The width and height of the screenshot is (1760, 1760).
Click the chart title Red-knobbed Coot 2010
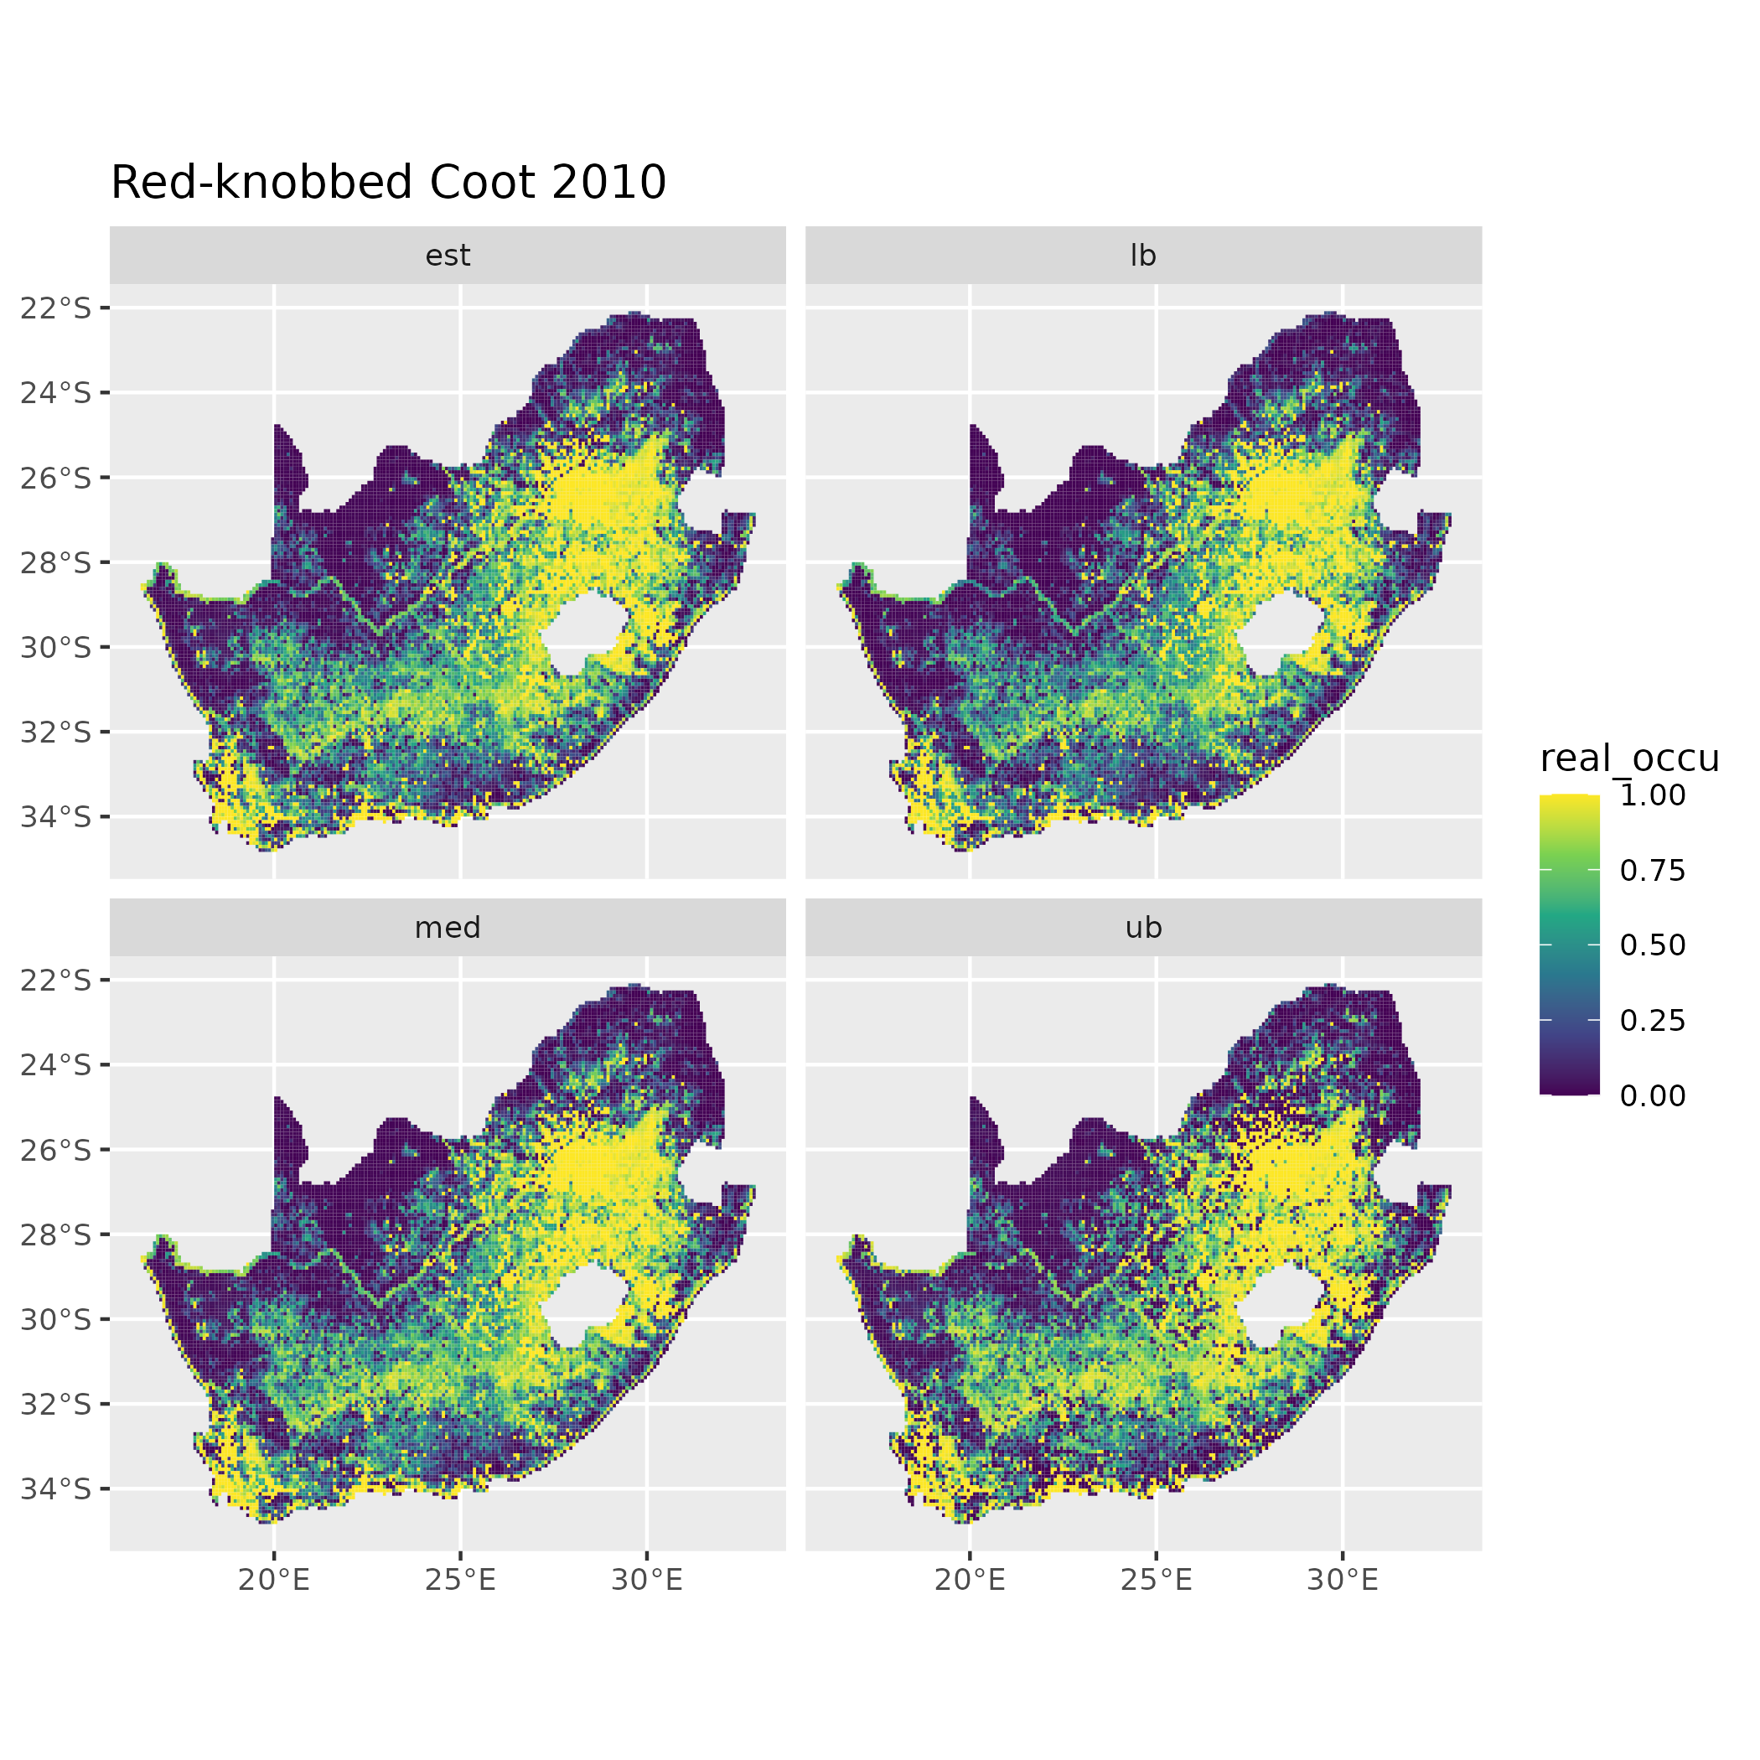[x=388, y=183]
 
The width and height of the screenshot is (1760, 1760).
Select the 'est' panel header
[x=448, y=256]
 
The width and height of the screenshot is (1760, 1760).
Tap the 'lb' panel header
[x=1142, y=256]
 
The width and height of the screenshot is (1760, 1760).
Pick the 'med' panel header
[x=448, y=929]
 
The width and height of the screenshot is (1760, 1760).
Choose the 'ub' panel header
[x=1142, y=929]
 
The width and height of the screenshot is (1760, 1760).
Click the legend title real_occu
[x=1628, y=758]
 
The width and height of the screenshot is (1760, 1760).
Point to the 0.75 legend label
[x=1653, y=871]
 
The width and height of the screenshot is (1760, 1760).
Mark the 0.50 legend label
[x=1653, y=945]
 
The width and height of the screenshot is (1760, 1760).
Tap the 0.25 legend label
[x=1653, y=1020]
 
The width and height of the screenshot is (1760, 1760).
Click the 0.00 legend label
[x=1653, y=1096]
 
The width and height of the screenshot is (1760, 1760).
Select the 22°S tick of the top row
[x=56, y=308]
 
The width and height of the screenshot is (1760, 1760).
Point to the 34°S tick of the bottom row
[x=56, y=1488]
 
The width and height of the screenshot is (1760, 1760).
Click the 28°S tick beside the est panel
[x=56, y=563]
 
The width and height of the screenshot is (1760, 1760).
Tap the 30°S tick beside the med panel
[x=56, y=1319]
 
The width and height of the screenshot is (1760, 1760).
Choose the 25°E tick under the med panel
[x=460, y=1580]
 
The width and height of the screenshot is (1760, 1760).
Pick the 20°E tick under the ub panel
[x=970, y=1580]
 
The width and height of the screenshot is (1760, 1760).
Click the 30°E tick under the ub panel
[x=1342, y=1580]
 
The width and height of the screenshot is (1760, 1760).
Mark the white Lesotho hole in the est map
[x=583, y=632]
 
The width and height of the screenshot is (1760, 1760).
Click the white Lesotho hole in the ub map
[x=1278, y=1305]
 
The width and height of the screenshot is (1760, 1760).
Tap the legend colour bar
[x=1569, y=945]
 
